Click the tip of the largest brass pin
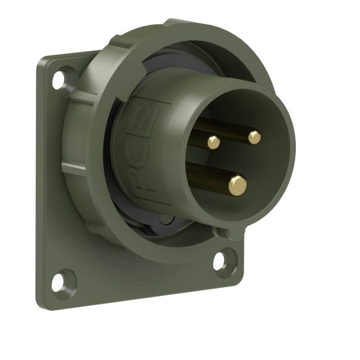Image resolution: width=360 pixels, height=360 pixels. pyautogui.click(x=237, y=184)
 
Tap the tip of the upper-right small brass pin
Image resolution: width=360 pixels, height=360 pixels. pyautogui.click(x=255, y=137)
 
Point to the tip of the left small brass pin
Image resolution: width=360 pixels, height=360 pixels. pyautogui.click(x=214, y=142)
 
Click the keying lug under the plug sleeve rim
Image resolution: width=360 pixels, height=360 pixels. pyautogui.click(x=230, y=231)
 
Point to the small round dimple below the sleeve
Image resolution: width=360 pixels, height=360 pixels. pyautogui.click(x=163, y=219)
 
